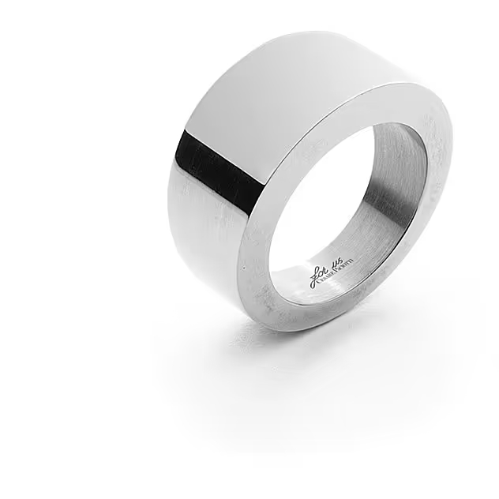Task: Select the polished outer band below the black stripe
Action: tap(205, 237)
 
